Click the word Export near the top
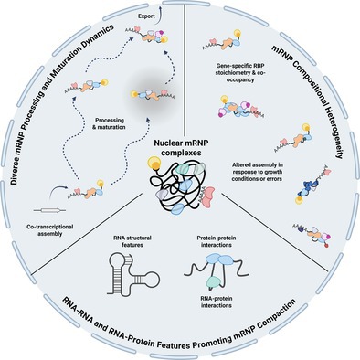(146, 16)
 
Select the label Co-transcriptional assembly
(49, 230)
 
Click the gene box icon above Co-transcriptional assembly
(49, 210)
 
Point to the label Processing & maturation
(109, 123)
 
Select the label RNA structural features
(133, 241)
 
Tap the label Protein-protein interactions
(217, 241)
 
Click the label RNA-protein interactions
(217, 302)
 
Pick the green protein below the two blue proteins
(214, 281)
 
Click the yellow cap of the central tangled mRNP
(154, 164)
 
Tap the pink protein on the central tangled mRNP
(208, 197)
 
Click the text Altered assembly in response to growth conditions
(258, 172)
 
